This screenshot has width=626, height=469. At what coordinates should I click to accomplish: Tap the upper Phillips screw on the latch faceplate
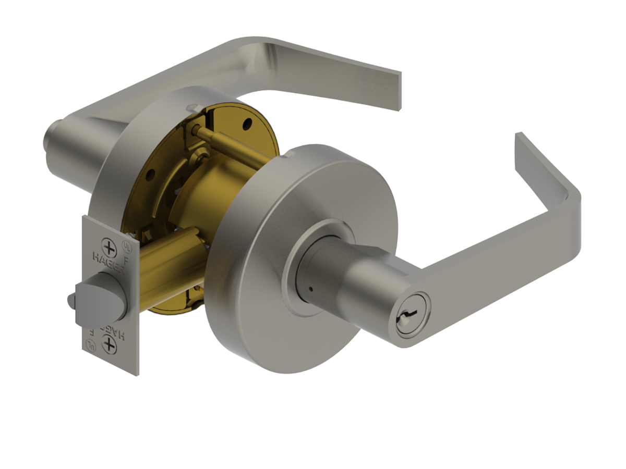coord(109,246)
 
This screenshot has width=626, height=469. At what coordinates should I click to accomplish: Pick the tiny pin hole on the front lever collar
coord(310,288)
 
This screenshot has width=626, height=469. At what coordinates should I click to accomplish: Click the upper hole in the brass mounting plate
coord(247,125)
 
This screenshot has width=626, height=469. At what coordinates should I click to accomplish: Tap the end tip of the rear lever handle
coord(401,91)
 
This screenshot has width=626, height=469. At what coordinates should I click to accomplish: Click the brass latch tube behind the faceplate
coord(167,271)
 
